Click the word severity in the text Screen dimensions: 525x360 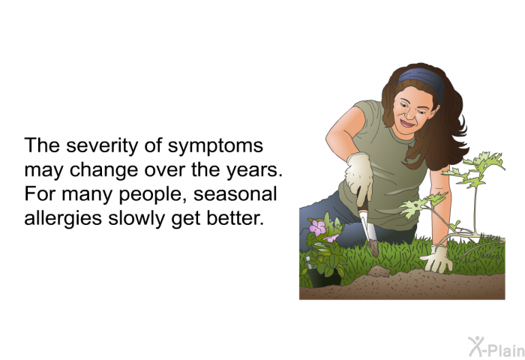(x=102, y=146)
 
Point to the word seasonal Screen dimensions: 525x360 (x=235, y=194)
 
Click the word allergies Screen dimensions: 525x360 (x=63, y=219)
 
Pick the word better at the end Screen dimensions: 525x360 (x=233, y=218)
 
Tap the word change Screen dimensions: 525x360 (x=103, y=171)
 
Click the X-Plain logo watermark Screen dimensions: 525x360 (x=496, y=347)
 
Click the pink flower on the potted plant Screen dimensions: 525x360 (x=317, y=228)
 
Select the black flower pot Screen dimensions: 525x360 (x=323, y=277)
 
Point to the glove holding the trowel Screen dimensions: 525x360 (x=359, y=177)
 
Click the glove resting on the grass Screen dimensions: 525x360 (x=437, y=259)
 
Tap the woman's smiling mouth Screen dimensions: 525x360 (x=406, y=124)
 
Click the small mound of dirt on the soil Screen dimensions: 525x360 (x=379, y=271)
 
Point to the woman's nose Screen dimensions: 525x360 (x=408, y=113)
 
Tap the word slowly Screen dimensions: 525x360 (x=137, y=219)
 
